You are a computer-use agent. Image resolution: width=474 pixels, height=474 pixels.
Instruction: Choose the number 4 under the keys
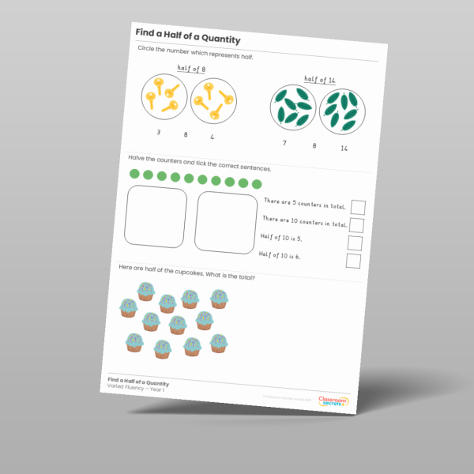[x=213, y=137]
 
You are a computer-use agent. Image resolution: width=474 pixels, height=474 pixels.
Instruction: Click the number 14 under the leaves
[x=344, y=149]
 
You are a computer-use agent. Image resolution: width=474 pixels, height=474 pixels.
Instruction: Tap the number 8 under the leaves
[x=314, y=146]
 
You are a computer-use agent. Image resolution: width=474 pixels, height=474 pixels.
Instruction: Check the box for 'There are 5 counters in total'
[x=357, y=207]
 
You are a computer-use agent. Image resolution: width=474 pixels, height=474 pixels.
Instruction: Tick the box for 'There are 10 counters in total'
[x=355, y=225]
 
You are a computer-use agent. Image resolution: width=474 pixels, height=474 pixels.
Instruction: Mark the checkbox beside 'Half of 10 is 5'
[x=355, y=243]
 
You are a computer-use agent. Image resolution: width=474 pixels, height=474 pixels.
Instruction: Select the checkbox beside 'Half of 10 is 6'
[x=353, y=261]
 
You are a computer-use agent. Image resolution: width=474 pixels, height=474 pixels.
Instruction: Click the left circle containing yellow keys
[x=164, y=97]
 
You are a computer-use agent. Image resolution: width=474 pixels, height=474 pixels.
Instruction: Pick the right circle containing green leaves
[x=340, y=112]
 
